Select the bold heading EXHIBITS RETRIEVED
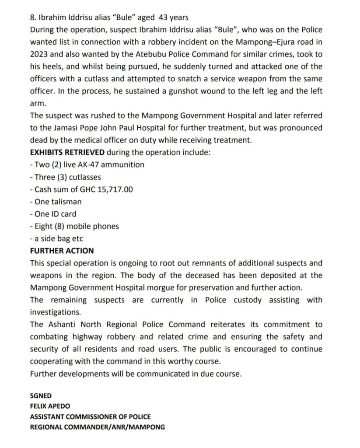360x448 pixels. click(x=67, y=152)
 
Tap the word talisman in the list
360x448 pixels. click(x=66, y=202)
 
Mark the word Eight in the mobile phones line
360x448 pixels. click(x=43, y=227)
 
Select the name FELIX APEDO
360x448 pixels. click(x=50, y=406)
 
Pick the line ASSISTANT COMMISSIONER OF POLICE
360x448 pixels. click(x=90, y=416)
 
